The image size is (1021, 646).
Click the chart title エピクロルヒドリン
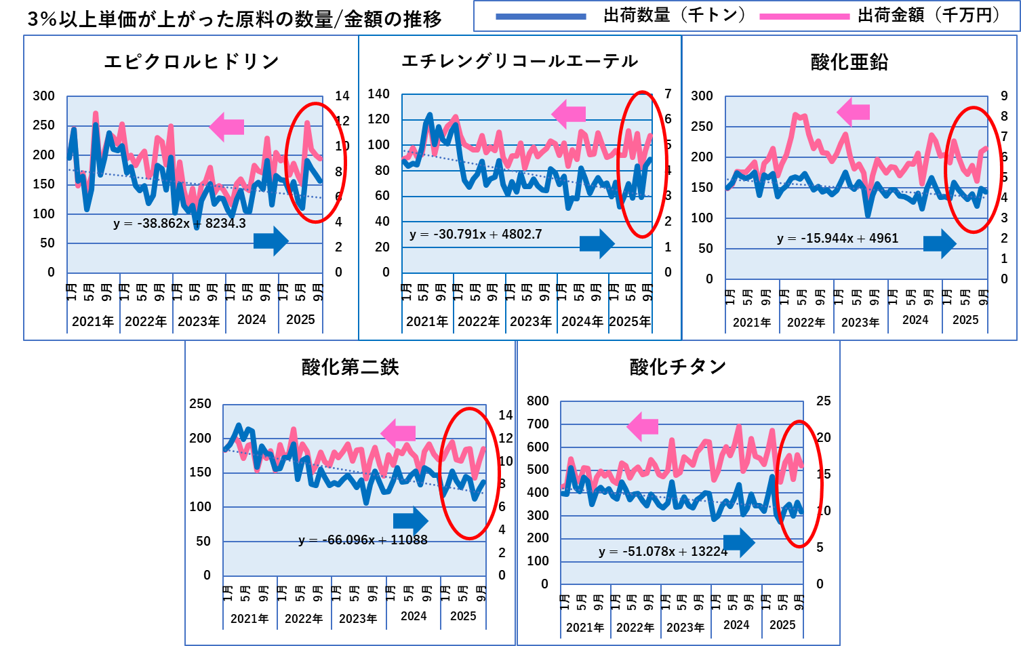tap(192, 62)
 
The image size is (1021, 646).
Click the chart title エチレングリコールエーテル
tap(520, 61)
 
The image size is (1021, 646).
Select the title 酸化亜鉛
tap(849, 62)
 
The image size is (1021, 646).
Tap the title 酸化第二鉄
tap(351, 367)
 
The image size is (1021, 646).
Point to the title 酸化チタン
tap(678, 367)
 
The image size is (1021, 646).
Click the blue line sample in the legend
tap(541, 16)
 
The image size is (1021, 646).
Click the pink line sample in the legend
tap(805, 16)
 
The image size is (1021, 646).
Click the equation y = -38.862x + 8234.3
tap(180, 223)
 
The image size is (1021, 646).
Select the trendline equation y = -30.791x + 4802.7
tap(476, 235)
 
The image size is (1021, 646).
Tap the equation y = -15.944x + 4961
tap(838, 239)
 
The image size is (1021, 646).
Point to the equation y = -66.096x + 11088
tap(363, 540)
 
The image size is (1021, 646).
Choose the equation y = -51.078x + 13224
tap(663, 552)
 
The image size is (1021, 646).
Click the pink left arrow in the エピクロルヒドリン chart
tap(227, 126)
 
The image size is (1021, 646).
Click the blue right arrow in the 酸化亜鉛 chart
tap(940, 243)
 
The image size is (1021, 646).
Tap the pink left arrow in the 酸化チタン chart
tap(643, 426)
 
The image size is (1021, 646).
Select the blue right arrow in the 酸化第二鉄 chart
tap(411, 521)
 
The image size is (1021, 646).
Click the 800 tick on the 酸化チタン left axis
tap(538, 401)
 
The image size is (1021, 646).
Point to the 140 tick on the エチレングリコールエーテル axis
tap(379, 94)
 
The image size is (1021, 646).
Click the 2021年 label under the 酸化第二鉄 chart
tap(249, 619)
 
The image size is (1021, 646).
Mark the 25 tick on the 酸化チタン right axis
tap(823, 401)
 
